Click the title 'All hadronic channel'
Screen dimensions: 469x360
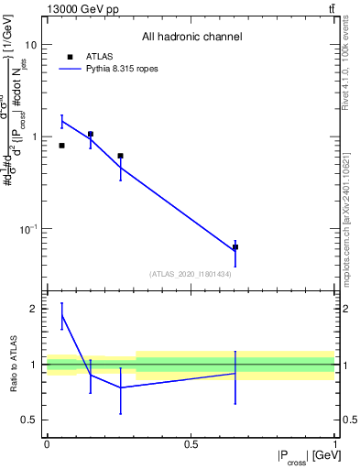(191, 37)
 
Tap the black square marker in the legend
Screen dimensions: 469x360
(69, 57)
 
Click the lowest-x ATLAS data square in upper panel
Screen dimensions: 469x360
(61, 146)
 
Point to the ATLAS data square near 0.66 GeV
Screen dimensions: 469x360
(235, 247)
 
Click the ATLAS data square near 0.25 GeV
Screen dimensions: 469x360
(120, 156)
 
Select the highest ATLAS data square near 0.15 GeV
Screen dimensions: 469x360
(90, 134)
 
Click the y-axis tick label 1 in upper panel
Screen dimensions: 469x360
(33, 136)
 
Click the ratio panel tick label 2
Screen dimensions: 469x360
(33, 309)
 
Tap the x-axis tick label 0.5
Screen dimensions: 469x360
(191, 444)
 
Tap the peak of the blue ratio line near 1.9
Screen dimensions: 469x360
(61, 315)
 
